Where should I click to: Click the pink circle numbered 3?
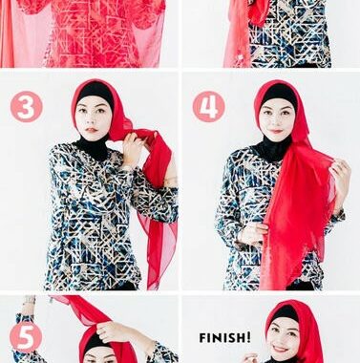coord(27,107)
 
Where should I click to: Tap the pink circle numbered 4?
coord(208,107)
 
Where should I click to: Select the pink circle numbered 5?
coord(26,336)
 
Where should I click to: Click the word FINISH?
coord(224,337)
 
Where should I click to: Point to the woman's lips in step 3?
coord(92,130)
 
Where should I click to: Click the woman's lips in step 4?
coord(276,131)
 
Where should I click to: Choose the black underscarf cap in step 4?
coord(278,93)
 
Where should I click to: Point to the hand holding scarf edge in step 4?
coord(341,174)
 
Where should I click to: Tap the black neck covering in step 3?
coord(93,149)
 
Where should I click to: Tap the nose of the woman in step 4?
coord(276,121)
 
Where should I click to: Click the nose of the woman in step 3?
coord(92,120)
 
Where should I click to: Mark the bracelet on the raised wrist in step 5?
coord(31,299)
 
